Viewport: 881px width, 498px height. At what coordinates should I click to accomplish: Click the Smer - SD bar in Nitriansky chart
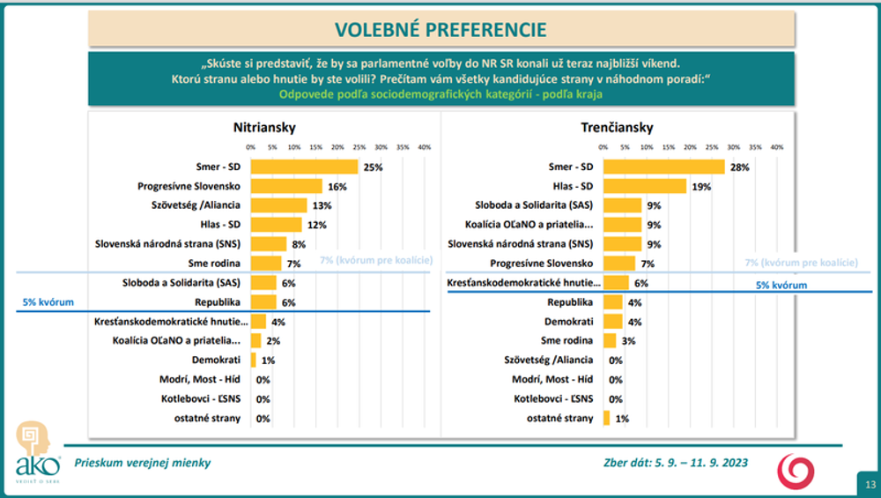click(304, 167)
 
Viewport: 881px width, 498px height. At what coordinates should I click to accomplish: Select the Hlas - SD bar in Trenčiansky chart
click(644, 186)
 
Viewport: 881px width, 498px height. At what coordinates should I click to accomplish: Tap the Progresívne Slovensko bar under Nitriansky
click(285, 186)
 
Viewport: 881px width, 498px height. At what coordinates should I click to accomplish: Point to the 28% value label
click(738, 167)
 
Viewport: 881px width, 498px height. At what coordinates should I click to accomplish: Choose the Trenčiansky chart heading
click(617, 127)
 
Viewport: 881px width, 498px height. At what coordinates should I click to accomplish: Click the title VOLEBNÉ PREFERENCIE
click(440, 29)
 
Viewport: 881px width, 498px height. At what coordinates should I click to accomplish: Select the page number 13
click(870, 484)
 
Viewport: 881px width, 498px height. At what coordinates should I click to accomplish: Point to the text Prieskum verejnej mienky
click(143, 462)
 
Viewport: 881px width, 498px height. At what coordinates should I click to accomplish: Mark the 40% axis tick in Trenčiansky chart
click(777, 147)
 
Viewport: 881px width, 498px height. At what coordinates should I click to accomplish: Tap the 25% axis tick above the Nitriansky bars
click(359, 147)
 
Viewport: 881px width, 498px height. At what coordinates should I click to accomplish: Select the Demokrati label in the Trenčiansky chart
click(570, 321)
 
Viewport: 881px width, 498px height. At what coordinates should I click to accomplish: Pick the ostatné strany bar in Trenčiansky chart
click(606, 418)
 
